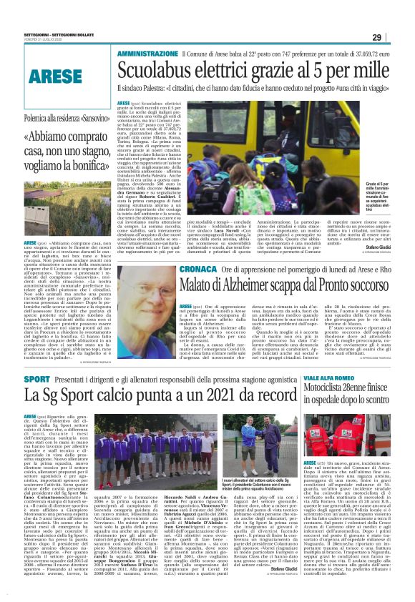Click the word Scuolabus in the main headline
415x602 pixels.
[158, 71]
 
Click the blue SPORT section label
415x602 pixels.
[36, 378]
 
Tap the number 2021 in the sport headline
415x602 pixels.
[219, 395]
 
